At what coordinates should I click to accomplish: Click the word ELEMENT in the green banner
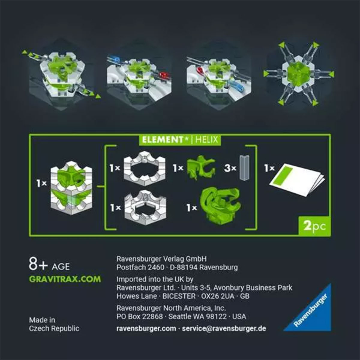click(161, 140)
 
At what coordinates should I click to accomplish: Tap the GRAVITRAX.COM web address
click(65, 279)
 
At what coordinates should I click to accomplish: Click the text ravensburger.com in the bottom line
click(146, 329)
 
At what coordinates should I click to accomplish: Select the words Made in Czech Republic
click(54, 324)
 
